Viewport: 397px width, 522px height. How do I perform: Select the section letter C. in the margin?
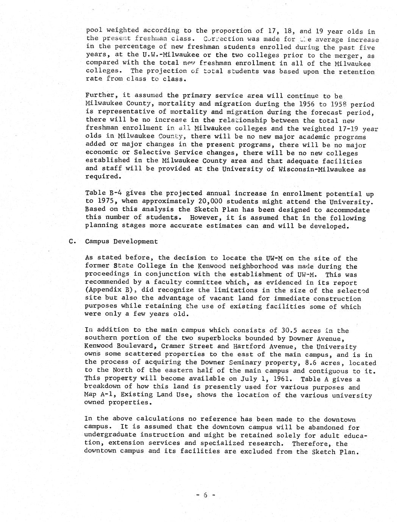[72, 241]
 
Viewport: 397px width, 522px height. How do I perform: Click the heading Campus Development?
[121, 241]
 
